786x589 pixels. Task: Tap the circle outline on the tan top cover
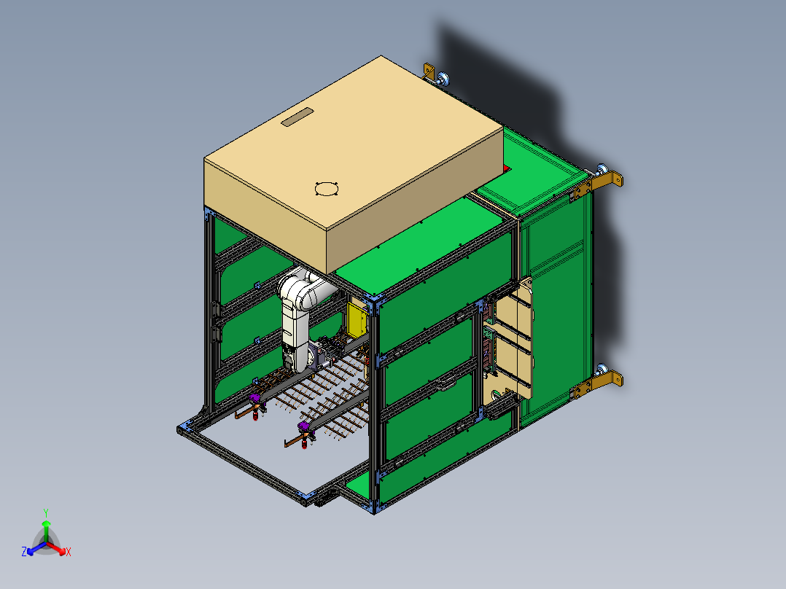[x=326, y=189]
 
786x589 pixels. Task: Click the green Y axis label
[x=45, y=512]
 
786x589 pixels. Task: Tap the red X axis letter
[x=69, y=553]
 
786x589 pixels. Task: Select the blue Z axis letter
[x=24, y=553]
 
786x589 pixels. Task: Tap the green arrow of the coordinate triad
[x=45, y=528]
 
